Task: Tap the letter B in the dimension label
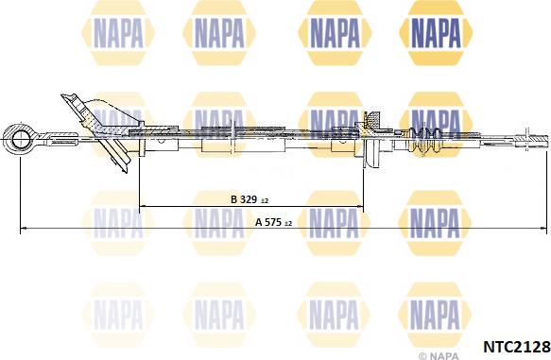pyautogui.click(x=234, y=199)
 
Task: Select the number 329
pyautogui.click(x=249, y=199)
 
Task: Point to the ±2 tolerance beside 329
pyautogui.click(x=265, y=201)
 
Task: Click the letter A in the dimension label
pyautogui.click(x=259, y=222)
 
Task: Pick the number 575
pyautogui.click(x=273, y=222)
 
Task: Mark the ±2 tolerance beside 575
pyautogui.click(x=288, y=223)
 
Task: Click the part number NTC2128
pyautogui.click(x=517, y=347)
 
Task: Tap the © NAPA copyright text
pyautogui.click(x=439, y=356)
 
